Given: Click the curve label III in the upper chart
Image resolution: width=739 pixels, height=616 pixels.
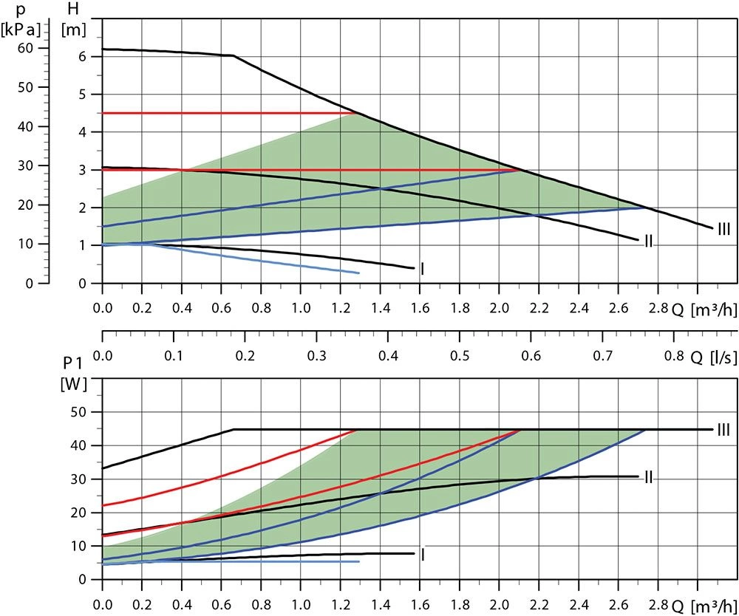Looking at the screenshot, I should pyautogui.click(x=723, y=230).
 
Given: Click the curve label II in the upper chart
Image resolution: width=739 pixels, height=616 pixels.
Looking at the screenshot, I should pyautogui.click(x=648, y=242).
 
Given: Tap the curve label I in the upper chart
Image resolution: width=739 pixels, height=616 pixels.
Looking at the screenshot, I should pyautogui.click(x=422, y=269).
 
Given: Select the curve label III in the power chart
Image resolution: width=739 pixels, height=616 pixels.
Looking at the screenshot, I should pyautogui.click(x=723, y=429).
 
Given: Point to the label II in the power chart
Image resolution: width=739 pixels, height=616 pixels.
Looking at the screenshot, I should pyautogui.click(x=648, y=477).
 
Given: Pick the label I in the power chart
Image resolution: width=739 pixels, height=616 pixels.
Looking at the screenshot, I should pyautogui.click(x=422, y=554).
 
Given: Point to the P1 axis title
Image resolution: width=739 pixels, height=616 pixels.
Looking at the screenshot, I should pyautogui.click(x=72, y=363).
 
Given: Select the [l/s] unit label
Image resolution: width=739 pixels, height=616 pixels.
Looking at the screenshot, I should pyautogui.click(x=723, y=357).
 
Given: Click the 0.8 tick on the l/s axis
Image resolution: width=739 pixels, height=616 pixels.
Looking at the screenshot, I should pyautogui.click(x=674, y=355).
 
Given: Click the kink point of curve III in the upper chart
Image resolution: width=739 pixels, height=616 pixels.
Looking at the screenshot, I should pyautogui.click(x=234, y=55).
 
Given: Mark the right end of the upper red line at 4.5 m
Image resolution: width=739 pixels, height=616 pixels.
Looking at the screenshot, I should pyautogui.click(x=357, y=113).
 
